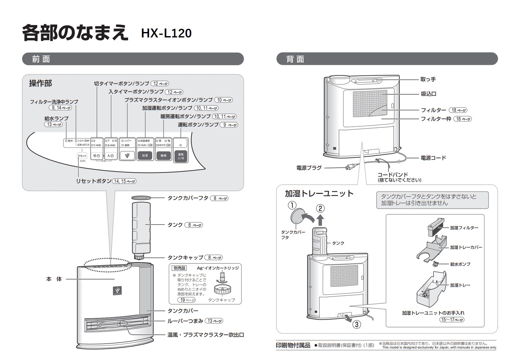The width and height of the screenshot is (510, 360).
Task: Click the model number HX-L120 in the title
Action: coord(166,33)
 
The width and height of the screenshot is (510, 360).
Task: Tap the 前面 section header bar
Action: coord(133,59)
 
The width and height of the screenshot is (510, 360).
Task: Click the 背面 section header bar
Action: coord(387,59)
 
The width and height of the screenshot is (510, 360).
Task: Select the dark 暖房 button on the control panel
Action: coord(163,156)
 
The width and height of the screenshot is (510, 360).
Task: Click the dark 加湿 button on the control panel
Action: coord(145,156)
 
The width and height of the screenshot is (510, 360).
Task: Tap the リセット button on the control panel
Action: coord(82,156)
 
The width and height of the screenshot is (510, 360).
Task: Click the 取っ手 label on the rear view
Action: coord(428,79)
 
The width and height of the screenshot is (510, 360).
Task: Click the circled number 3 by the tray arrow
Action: coord(356,324)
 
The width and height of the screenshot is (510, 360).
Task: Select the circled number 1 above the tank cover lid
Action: coord(292,205)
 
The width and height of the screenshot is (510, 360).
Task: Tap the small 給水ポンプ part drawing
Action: coord(436,263)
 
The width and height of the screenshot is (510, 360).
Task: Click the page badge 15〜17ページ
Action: coord(452,319)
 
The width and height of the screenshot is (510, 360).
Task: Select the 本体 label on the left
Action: coord(54,279)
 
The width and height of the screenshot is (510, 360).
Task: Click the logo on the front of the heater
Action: coord(117,290)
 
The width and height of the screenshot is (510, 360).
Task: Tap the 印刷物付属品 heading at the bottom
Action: coord(293,345)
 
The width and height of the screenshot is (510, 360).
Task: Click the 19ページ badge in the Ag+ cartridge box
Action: coord(186,300)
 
